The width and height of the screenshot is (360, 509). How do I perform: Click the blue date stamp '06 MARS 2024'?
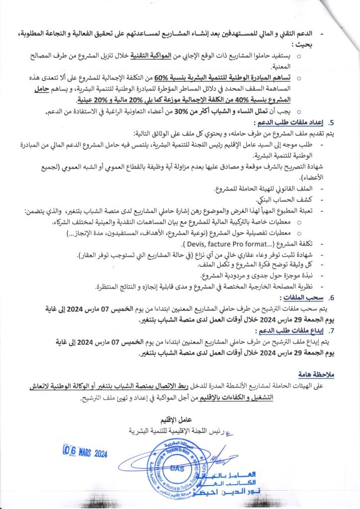pyautogui.click(x=86, y=452)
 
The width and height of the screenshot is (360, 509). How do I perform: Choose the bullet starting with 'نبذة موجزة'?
pyautogui.click(x=255, y=275)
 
